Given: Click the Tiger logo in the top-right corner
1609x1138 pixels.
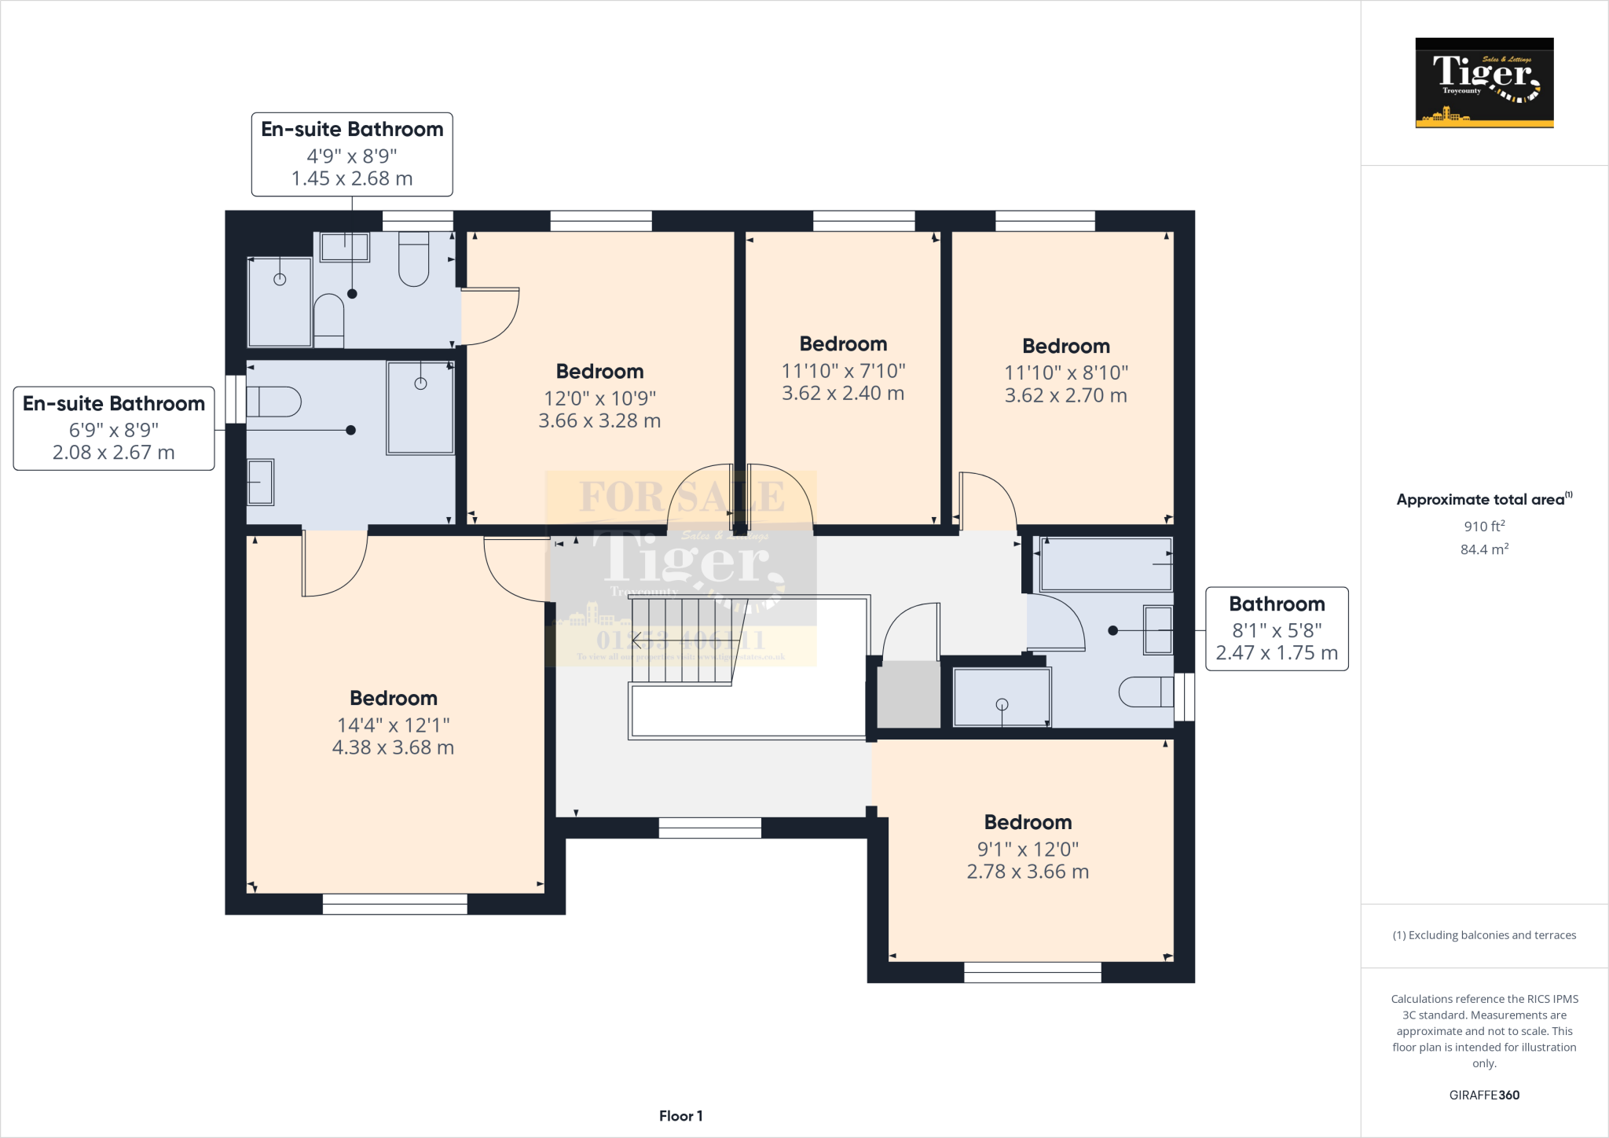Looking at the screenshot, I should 1484,82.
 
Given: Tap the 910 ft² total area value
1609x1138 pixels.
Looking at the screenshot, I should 1484,527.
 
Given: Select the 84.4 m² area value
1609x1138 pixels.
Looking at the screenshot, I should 1484,549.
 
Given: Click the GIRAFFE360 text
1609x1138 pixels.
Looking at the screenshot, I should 1484,1095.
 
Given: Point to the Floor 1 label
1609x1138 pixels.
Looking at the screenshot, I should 680,1116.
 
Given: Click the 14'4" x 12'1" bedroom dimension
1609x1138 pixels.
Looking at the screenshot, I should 393,725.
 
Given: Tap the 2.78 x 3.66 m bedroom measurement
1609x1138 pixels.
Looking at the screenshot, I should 1028,872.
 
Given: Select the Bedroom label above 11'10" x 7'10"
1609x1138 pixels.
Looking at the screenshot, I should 843,344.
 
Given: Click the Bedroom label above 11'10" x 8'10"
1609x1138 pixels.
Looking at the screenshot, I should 1066,347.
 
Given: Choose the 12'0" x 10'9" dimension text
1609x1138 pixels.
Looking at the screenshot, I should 599,398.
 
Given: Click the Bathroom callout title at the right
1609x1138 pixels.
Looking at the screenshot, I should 1277,604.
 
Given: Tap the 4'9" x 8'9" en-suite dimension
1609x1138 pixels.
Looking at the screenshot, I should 352,156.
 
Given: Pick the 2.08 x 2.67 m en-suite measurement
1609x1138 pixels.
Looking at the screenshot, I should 114,453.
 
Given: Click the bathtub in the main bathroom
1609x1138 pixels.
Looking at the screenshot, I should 1105,564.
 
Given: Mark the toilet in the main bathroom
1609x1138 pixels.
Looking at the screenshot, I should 1145,692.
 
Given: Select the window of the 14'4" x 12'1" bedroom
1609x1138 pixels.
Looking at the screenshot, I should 394,905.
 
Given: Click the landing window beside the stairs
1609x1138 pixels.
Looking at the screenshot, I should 709,828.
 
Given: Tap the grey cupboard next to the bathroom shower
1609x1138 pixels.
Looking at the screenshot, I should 908,694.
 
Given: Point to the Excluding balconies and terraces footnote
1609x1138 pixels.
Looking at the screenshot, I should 1484,935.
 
